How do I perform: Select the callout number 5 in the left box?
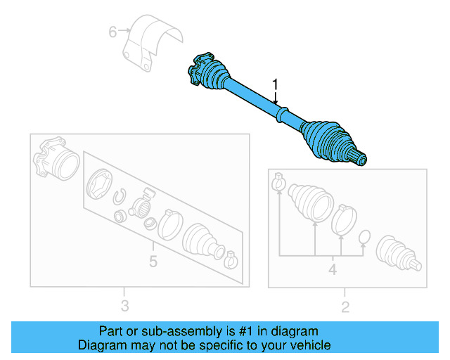click(153, 262)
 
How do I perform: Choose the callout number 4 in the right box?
click(333, 269)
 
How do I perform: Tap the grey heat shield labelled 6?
click(150, 42)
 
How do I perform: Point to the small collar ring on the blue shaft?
click(280, 112)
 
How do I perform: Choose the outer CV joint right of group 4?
click(398, 252)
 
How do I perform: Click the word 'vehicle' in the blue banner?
click(309, 345)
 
